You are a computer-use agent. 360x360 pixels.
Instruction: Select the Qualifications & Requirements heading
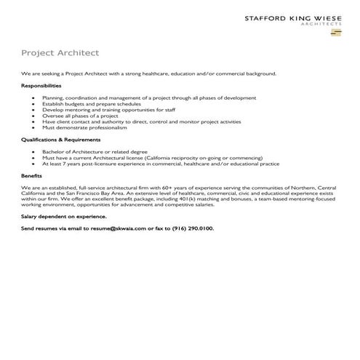(60, 139)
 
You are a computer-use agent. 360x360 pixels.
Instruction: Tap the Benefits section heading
(31, 175)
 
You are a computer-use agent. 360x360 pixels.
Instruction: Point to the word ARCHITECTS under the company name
(321, 23)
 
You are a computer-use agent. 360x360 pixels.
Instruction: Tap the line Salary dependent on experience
(64, 216)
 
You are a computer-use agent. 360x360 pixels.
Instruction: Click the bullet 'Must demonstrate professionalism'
(84, 127)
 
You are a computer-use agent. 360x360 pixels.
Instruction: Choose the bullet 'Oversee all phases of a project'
(80, 116)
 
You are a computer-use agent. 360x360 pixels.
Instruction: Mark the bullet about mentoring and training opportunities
(108, 110)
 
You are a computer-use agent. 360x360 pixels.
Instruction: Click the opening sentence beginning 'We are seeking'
(148, 73)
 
